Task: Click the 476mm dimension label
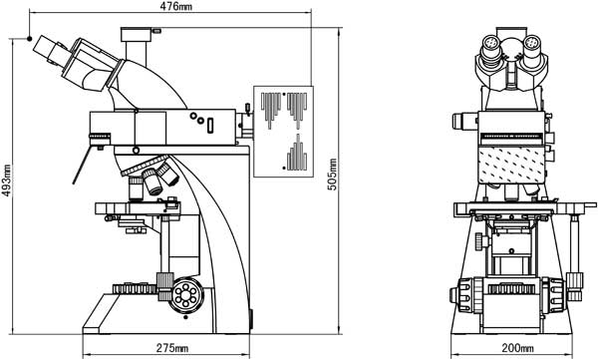[x=175, y=6]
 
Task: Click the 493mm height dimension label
[x=6, y=180]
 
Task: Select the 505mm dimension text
[x=333, y=175]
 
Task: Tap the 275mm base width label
[x=172, y=348]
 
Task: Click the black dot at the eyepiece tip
[x=29, y=38]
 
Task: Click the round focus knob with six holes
[x=186, y=295]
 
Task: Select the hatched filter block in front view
[x=512, y=165]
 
